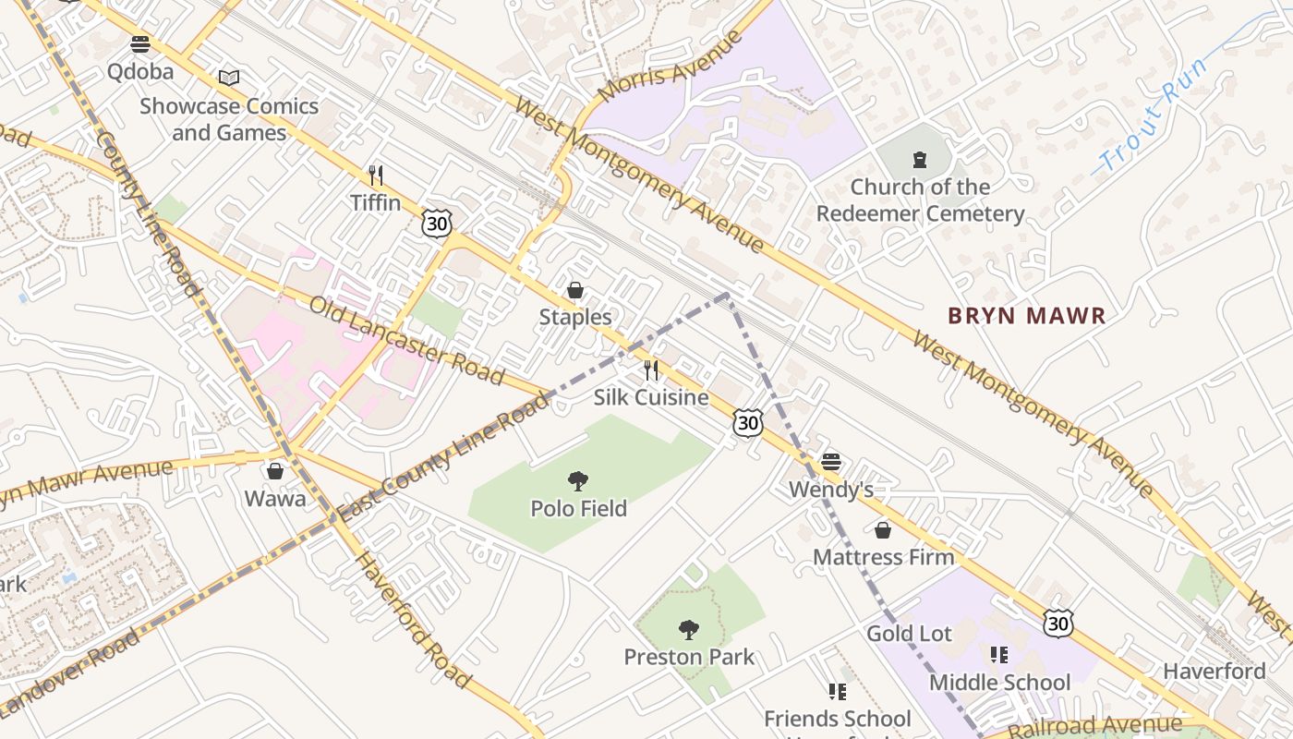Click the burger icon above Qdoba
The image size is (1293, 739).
pos(140,43)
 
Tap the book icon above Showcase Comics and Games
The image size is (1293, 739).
pos(229,79)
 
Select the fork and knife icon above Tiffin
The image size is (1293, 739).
pos(375,175)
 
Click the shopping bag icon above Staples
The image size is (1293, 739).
pos(575,290)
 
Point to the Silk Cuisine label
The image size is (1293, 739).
pos(651,398)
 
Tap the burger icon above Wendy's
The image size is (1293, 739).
pos(831,461)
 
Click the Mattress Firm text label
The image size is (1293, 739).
pos(883,557)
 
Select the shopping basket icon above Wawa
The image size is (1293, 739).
pos(275,471)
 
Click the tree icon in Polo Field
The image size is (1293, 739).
pos(578,480)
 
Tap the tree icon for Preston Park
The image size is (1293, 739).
pos(688,630)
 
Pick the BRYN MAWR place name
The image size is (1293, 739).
pos(1026,316)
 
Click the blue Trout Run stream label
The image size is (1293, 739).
pos(1152,115)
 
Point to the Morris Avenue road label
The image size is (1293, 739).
pos(671,66)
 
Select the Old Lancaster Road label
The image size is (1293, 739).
pos(406,340)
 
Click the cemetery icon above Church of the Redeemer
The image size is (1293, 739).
pos(919,160)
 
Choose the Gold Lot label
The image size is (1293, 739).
pos(909,634)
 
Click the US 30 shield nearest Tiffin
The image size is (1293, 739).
pos(437,223)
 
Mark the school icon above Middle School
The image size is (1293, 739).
pos(998,655)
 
